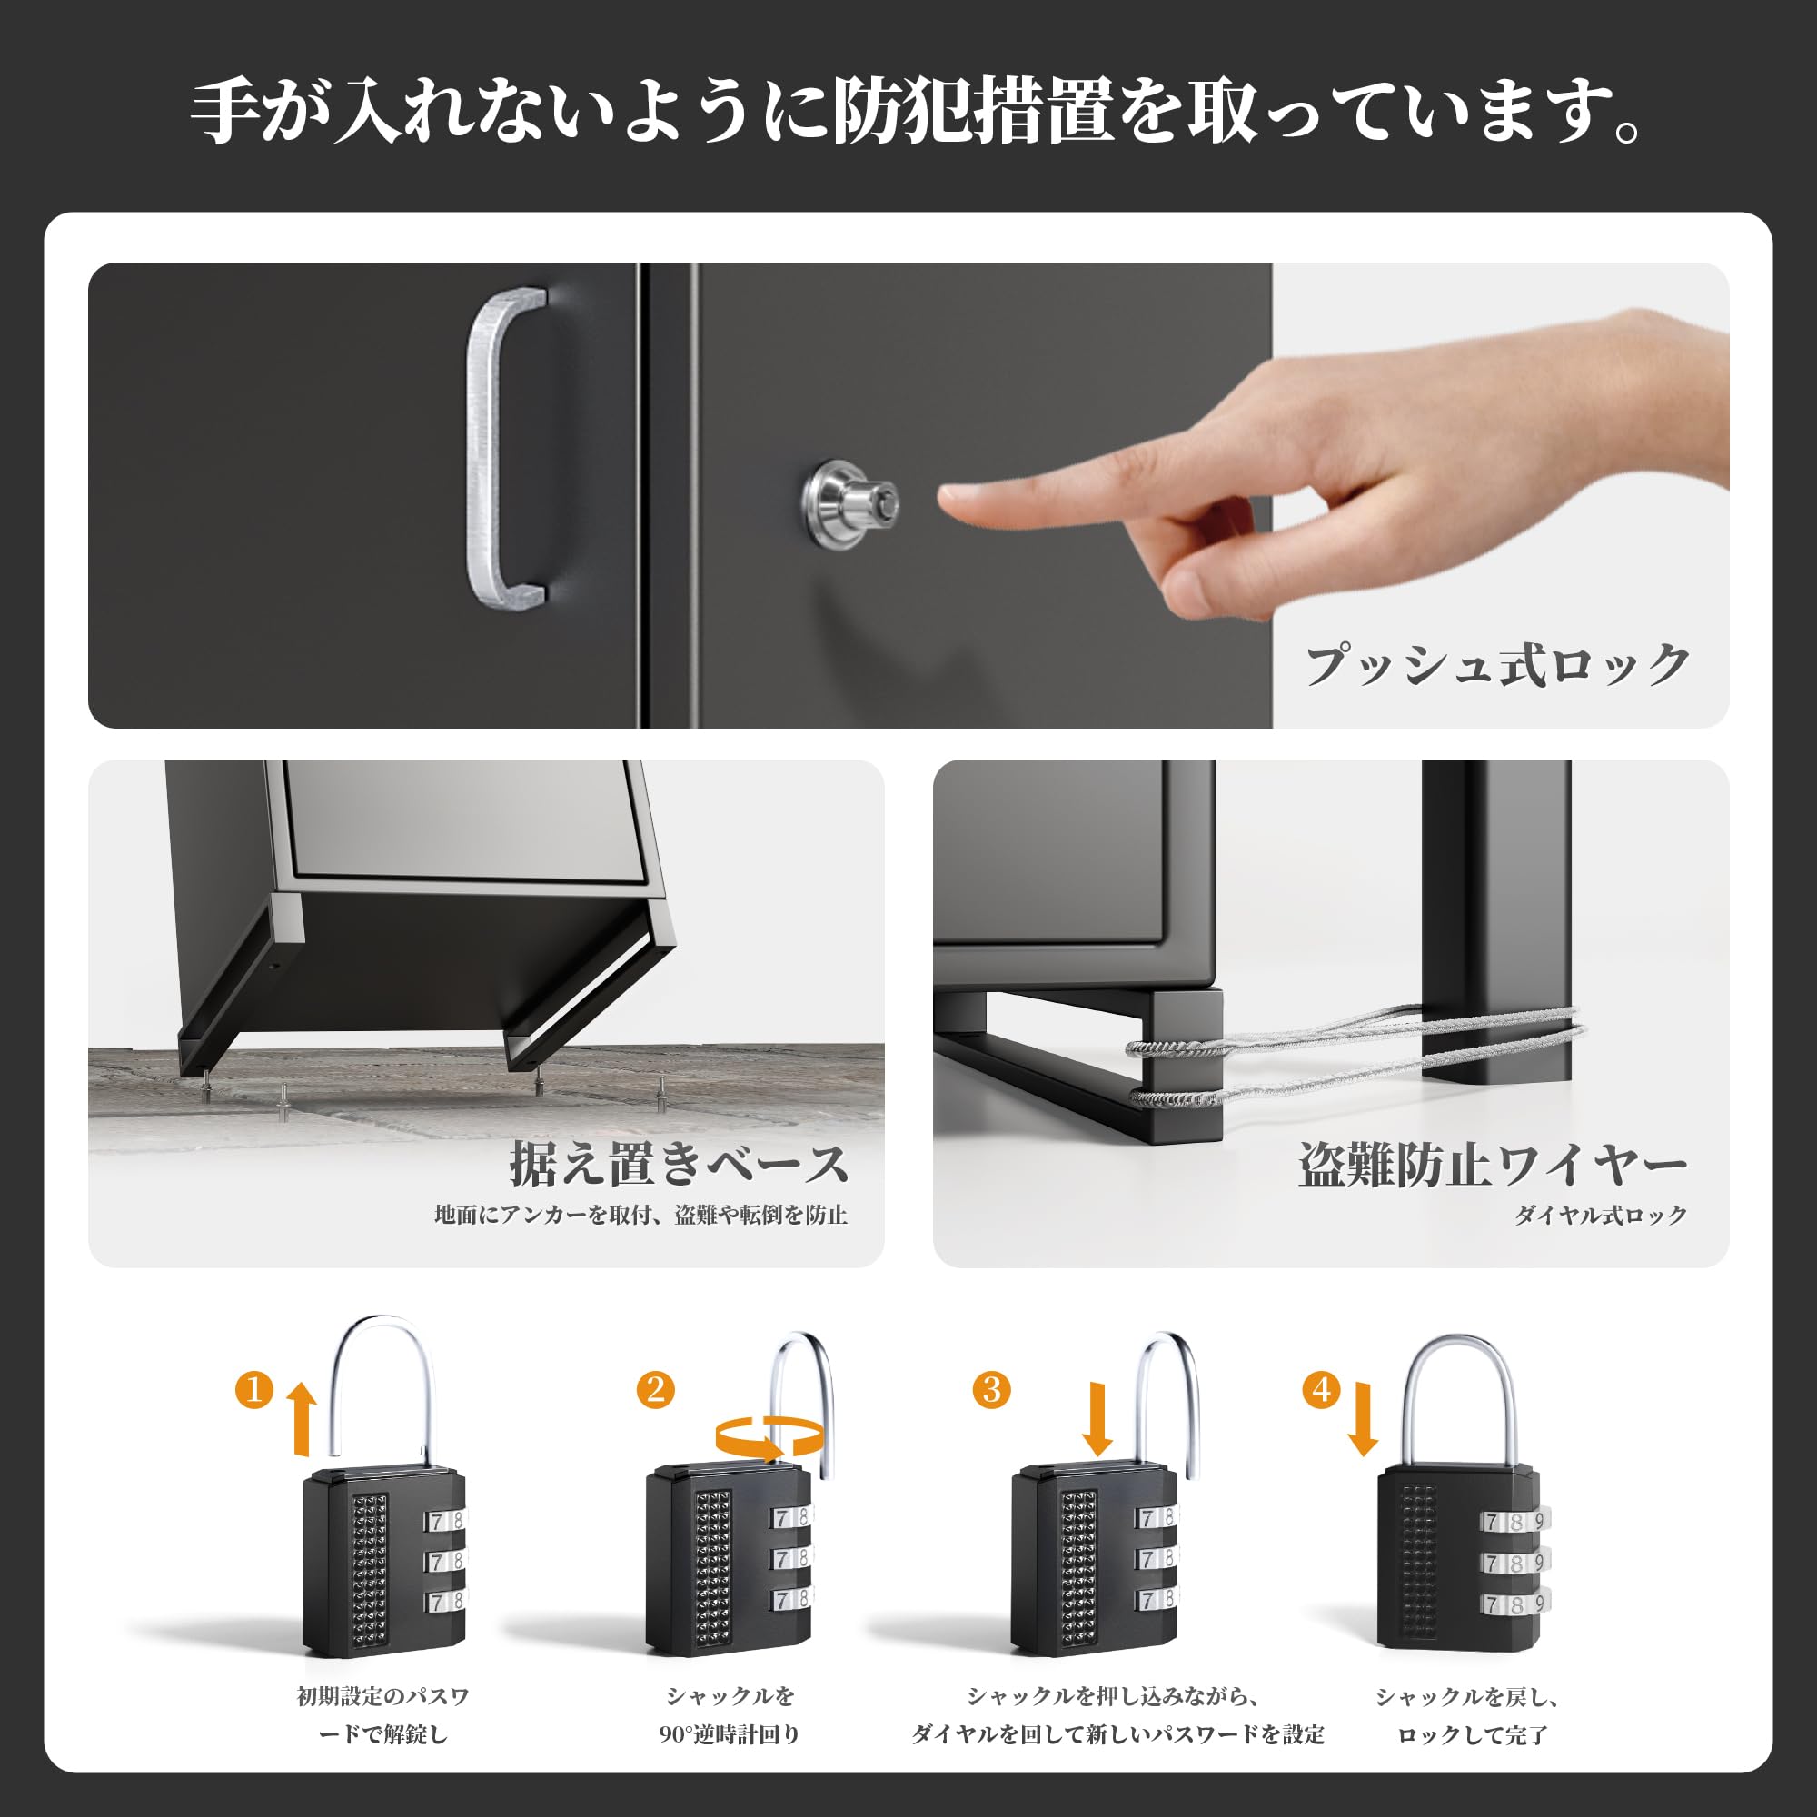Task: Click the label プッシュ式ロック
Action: click(x=1497, y=666)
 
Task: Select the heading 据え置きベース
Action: click(x=679, y=1165)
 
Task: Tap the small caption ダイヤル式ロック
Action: click(x=1600, y=1215)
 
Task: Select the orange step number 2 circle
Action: click(x=656, y=1389)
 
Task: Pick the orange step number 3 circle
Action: click(x=991, y=1389)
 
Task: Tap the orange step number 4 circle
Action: click(x=1321, y=1389)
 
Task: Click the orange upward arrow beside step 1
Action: click(x=302, y=1418)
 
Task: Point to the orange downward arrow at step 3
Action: click(x=1097, y=1416)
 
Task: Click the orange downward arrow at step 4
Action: click(x=1363, y=1416)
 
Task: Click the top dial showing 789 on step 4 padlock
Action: click(x=1514, y=1521)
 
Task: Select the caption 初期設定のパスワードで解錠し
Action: click(x=382, y=1714)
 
